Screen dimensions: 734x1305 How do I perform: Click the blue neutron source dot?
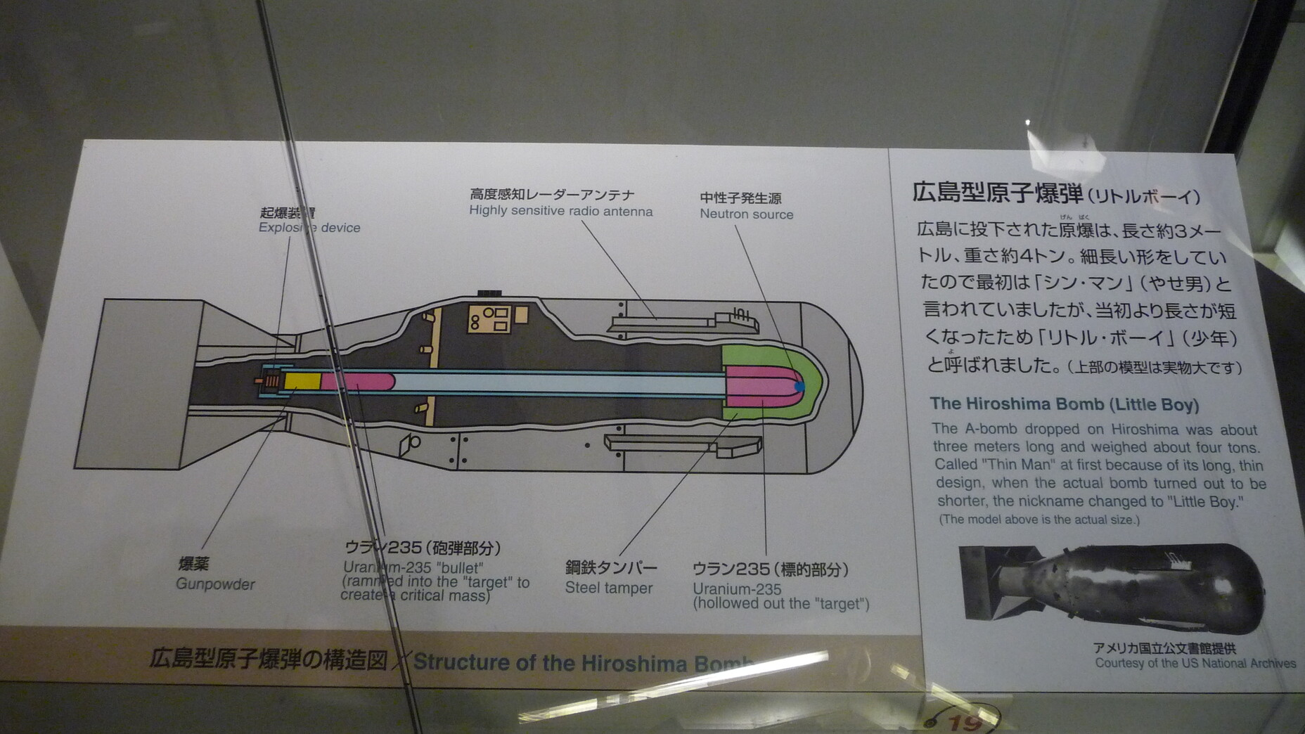click(799, 386)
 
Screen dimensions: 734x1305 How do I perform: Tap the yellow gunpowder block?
click(302, 382)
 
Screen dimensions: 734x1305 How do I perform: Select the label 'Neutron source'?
click(746, 214)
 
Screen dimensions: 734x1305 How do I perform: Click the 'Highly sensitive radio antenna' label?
click(560, 211)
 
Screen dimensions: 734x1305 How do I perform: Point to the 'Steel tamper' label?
click(609, 588)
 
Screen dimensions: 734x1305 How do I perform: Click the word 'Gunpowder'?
click(215, 584)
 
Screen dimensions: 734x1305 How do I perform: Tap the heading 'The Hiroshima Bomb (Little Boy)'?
click(1064, 404)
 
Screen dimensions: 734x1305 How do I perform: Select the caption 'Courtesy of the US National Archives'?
click(1195, 663)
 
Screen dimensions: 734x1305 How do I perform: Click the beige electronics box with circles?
click(490, 319)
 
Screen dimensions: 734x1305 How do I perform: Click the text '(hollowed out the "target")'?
click(780, 604)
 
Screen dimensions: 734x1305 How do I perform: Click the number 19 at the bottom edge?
click(964, 723)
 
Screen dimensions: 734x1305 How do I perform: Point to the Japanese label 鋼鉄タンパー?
click(611, 567)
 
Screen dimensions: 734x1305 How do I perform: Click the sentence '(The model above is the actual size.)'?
click(1039, 520)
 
